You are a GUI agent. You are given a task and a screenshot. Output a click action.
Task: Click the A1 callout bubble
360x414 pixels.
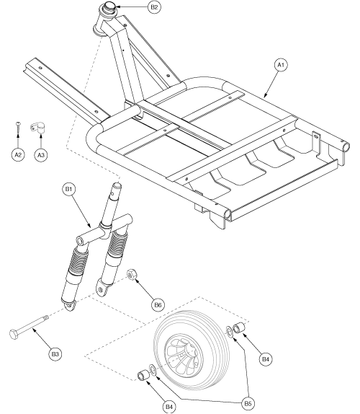(x=282, y=65)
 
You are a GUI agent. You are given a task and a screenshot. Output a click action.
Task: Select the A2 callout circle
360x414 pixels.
(x=17, y=154)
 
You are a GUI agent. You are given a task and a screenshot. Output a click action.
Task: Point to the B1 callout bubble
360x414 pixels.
(x=70, y=190)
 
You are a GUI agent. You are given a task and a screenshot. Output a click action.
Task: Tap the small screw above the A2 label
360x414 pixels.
(x=17, y=128)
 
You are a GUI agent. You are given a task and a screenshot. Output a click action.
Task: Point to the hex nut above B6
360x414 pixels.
(x=132, y=274)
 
